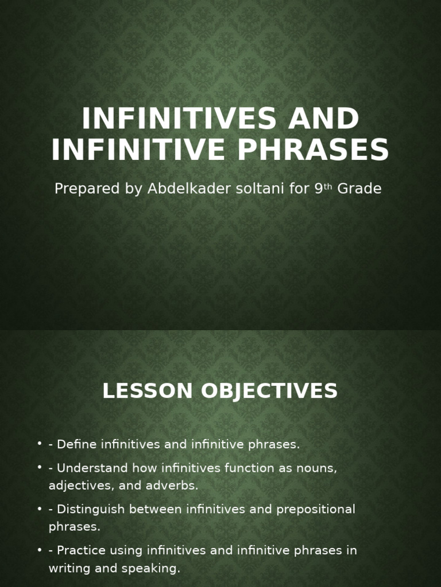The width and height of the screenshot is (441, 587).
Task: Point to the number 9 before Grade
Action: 319,189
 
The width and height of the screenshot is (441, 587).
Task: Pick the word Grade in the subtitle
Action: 359,189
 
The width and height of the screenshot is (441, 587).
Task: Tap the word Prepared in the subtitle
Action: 86,189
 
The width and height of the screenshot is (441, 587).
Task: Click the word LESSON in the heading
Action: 147,392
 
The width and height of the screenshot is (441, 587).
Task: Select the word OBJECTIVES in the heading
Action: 269,392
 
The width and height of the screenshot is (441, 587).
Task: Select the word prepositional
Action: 316,510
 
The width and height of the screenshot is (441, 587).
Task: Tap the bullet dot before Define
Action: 40,444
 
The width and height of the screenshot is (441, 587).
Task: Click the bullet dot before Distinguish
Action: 40,509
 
